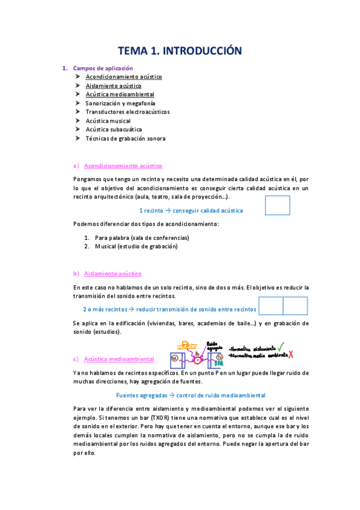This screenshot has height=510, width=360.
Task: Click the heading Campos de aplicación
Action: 102,68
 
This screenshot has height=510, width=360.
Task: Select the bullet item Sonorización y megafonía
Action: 119,103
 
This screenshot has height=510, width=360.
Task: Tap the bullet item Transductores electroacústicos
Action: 127,112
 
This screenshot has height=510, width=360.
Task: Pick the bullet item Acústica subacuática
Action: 114,129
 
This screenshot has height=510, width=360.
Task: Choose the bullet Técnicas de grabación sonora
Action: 125,138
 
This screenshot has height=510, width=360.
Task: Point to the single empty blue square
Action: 277,206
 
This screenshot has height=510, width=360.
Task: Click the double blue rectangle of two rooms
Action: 283,306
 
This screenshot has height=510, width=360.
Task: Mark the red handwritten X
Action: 291,354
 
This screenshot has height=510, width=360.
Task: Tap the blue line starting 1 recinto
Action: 191,210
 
